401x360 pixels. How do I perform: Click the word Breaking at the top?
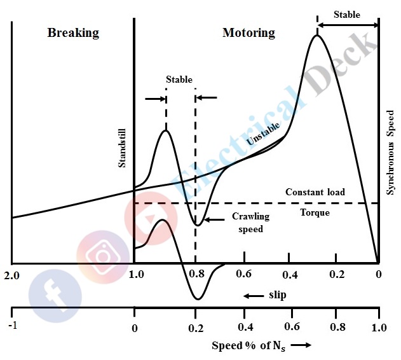(x=73, y=32)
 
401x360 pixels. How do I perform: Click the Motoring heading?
(x=248, y=32)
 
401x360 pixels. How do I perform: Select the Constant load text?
(x=315, y=192)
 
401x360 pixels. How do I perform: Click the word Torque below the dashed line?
(x=315, y=212)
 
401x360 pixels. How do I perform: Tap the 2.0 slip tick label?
(x=11, y=275)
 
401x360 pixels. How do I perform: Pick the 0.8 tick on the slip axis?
(x=196, y=275)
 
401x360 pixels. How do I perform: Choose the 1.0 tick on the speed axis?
(x=378, y=329)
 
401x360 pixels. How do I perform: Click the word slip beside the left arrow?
(x=278, y=296)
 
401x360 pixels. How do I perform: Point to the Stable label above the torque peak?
(x=347, y=15)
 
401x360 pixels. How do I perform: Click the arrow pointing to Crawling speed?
(x=216, y=220)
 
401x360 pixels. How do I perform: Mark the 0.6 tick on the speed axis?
(x=292, y=328)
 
